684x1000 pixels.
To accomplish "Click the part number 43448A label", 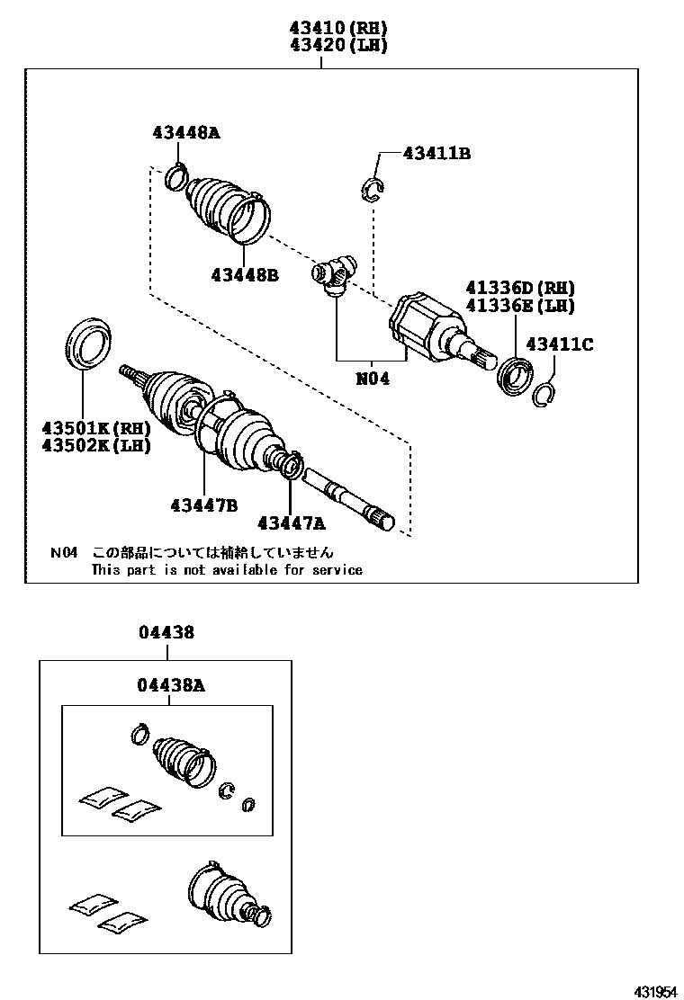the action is coord(185,133).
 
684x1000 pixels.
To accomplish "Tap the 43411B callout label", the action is coord(436,153).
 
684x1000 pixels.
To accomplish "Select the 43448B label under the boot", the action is coord(245,275).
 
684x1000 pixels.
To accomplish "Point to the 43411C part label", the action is coord(560,344).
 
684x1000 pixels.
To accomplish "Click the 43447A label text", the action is coord(291,523).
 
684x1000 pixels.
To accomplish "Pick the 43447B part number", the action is coord(204,505).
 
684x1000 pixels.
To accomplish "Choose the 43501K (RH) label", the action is coord(96,427).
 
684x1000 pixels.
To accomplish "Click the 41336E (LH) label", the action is coord(520,306).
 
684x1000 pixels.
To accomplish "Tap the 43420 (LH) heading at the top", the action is coord(338,45).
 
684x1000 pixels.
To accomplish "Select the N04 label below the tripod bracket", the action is coord(372,379).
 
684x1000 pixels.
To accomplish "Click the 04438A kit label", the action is coord(171,685).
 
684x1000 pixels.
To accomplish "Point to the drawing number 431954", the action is coord(654,992).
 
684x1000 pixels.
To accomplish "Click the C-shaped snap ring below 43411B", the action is coord(372,190).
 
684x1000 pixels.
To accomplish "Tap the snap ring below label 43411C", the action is coord(543,395).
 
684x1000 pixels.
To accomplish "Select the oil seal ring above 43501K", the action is coord(89,343).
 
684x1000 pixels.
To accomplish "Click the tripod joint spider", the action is coord(334,275).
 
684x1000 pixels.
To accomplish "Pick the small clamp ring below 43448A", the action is coord(176,176).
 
